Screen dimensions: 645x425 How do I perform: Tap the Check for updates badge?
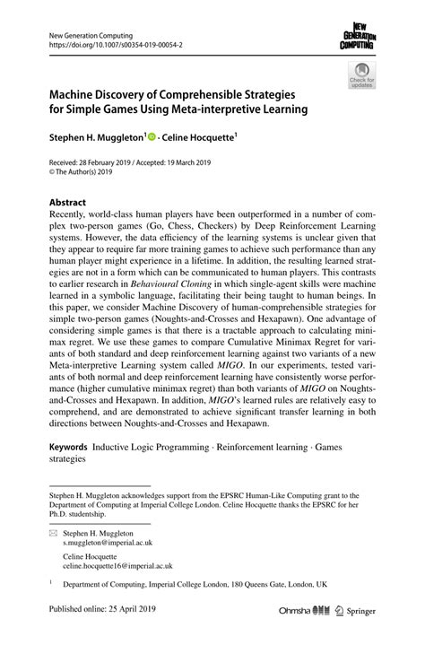[x=362, y=74]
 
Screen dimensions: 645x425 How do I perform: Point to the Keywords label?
[x=68, y=445]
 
